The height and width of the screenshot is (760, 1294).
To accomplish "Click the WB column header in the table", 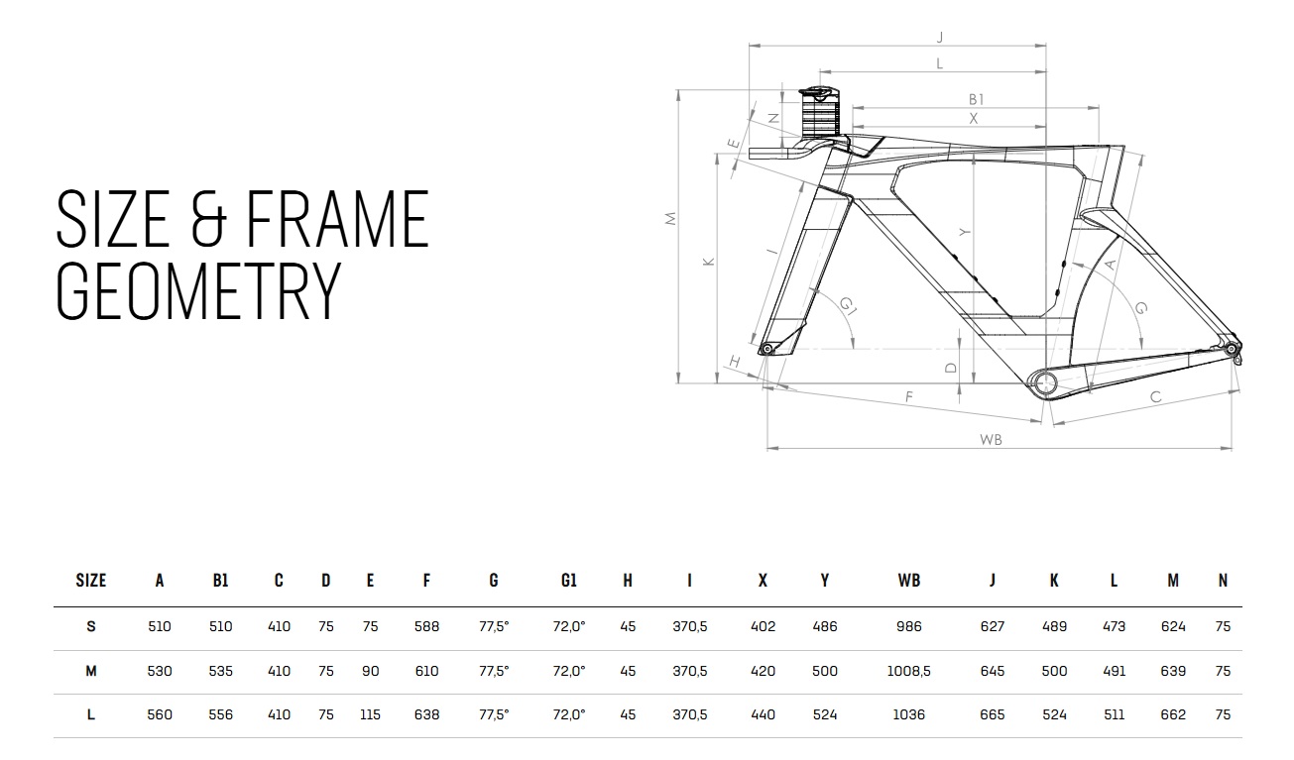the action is click(x=908, y=581).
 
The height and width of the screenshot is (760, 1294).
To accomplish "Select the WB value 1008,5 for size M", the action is click(x=908, y=671).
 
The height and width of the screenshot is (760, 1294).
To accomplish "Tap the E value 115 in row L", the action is click(x=370, y=715).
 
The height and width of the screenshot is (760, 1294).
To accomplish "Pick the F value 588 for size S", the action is click(x=426, y=626).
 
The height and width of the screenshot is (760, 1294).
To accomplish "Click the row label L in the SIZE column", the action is click(x=90, y=715).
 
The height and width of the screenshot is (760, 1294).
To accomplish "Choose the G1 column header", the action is click(x=568, y=581).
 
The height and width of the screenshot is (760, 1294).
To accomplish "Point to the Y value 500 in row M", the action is click(x=824, y=671).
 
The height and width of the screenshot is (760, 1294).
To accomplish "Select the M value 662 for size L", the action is click(x=1173, y=715).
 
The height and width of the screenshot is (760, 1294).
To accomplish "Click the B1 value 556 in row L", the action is click(x=220, y=715).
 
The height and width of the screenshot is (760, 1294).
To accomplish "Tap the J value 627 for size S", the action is click(x=992, y=626).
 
